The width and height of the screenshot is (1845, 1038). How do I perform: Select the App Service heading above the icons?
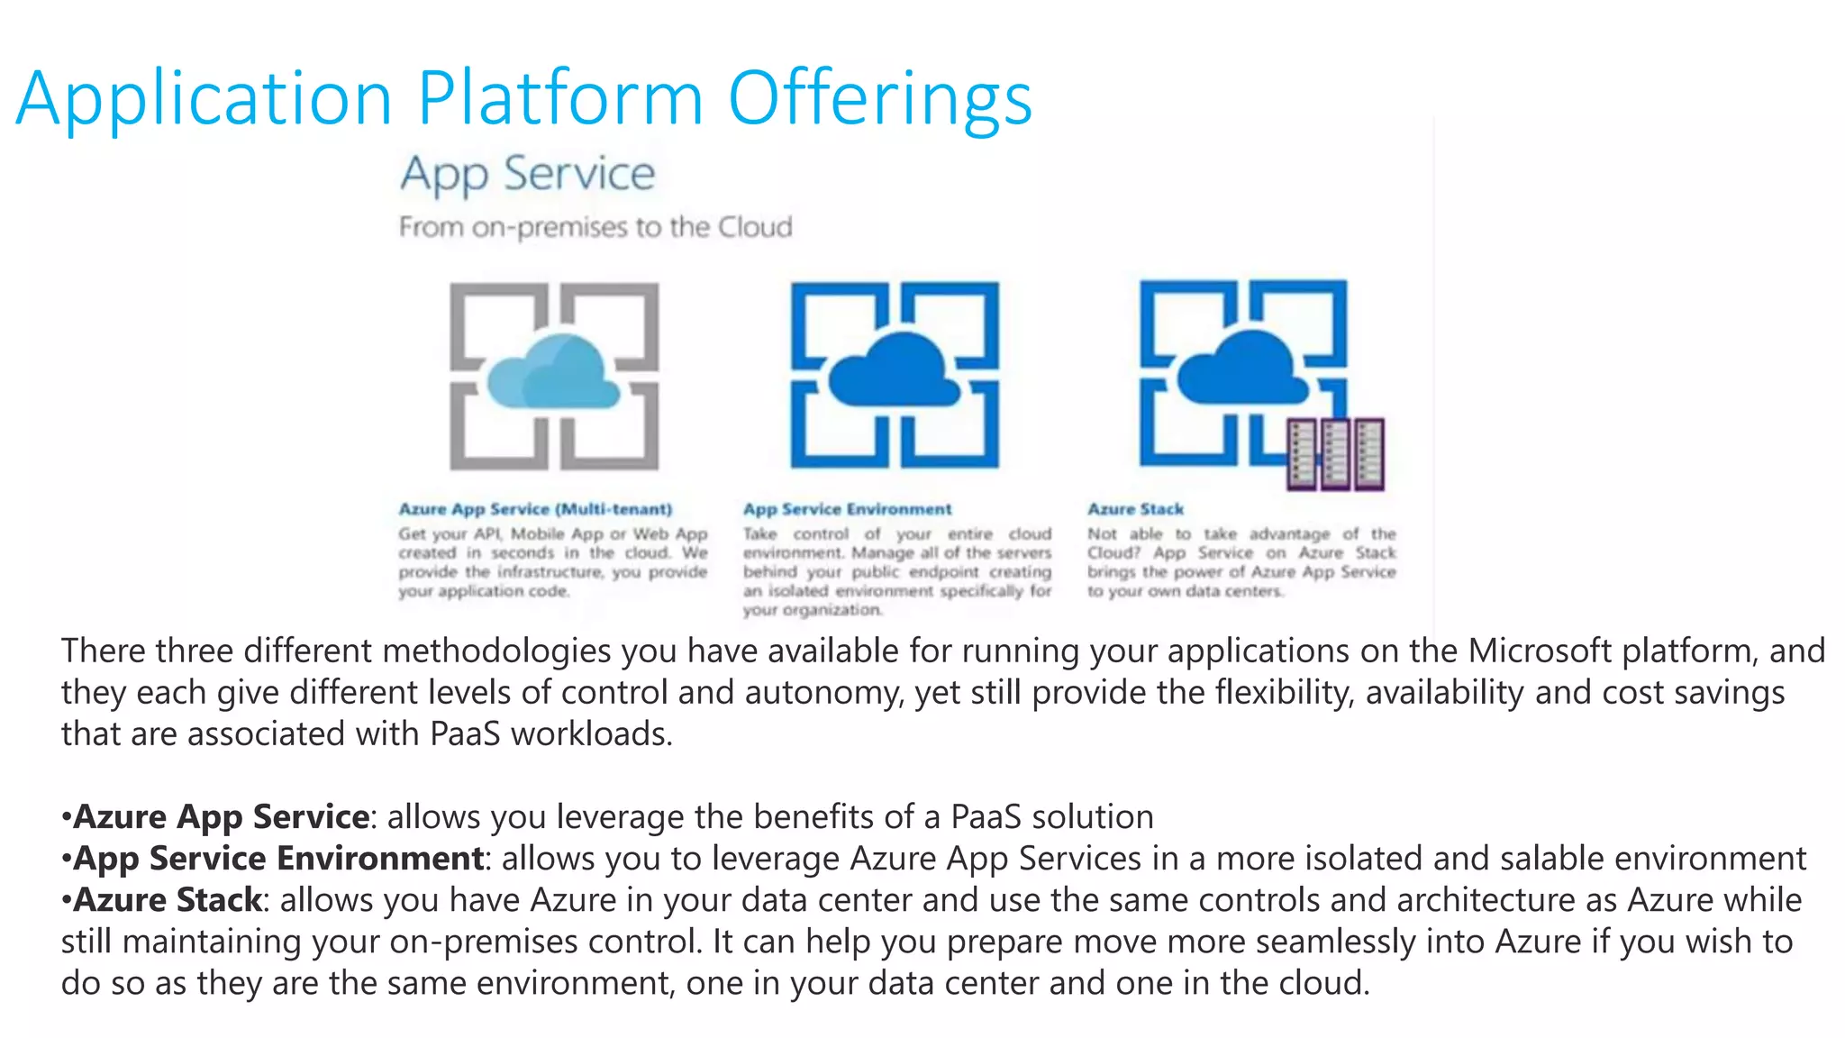[528, 174]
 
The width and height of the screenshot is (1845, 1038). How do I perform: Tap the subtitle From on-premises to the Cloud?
[595, 226]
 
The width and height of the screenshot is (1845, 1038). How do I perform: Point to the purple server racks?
[1335, 454]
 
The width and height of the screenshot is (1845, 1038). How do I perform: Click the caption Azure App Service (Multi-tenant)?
[535, 509]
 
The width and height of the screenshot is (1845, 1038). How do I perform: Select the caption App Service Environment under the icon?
[847, 509]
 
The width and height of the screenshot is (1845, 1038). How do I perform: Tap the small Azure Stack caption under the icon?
[1135, 509]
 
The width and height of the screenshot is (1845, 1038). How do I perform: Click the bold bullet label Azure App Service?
[221, 816]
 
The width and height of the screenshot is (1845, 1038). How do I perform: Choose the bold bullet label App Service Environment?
[278, 858]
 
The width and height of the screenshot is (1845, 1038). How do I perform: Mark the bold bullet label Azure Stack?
[168, 899]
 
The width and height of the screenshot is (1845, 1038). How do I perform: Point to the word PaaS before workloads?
[465, 733]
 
